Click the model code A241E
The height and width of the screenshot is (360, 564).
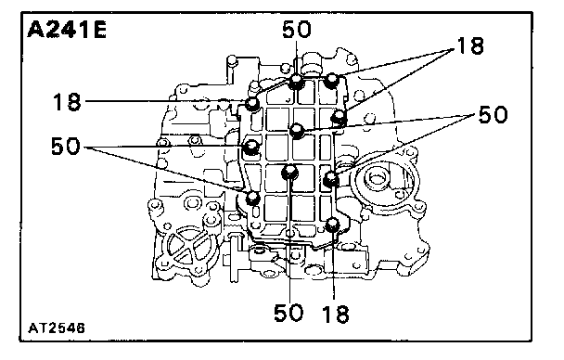point(67,30)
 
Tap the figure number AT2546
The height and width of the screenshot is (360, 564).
point(57,328)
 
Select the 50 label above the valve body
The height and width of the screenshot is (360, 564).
point(297,30)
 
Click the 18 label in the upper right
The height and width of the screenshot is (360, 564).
point(470,46)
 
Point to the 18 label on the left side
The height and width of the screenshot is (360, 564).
point(67,102)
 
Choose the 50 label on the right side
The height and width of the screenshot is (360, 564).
point(493,114)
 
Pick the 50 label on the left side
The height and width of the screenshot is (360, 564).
point(66,146)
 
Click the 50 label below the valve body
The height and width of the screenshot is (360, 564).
point(288,313)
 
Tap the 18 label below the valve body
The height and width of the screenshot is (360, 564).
point(336,314)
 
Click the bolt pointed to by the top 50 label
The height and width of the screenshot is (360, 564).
point(296,82)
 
